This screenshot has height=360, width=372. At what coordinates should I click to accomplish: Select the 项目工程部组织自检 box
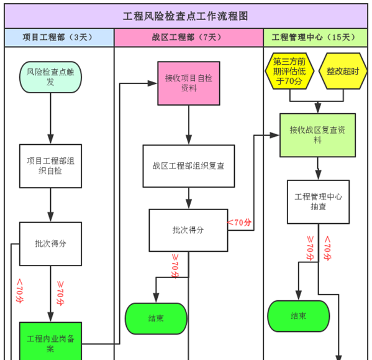50,165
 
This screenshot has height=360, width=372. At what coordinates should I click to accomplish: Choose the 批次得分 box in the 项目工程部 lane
50,243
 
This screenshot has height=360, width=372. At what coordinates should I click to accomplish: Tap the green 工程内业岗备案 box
50,341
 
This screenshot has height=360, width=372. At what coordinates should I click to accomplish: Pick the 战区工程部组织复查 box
189,166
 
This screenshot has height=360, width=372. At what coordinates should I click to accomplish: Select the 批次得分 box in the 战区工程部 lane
188,229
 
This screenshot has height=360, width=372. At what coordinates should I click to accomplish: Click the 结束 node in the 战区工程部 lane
156,318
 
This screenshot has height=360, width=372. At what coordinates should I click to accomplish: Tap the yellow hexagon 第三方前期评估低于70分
289,71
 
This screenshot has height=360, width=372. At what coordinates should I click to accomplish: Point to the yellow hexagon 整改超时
343,71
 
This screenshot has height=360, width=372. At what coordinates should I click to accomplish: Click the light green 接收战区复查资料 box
317,135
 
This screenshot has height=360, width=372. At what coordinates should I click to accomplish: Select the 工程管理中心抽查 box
318,201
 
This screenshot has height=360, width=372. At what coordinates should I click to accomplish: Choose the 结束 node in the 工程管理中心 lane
299,316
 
